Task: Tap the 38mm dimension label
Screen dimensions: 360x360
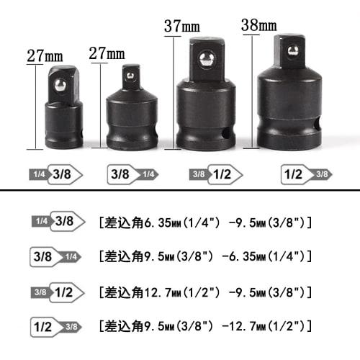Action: pyautogui.click(x=259, y=27)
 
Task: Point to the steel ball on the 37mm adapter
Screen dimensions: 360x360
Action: pyautogui.click(x=205, y=58)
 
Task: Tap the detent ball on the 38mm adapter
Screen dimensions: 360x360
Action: pyautogui.click(x=292, y=51)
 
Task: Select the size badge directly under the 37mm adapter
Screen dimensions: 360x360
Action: pyautogui.click(x=210, y=174)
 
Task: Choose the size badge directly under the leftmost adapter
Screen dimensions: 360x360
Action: pyautogui.click(x=57, y=174)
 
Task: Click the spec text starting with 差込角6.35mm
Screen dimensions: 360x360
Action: pyautogui.click(x=204, y=222)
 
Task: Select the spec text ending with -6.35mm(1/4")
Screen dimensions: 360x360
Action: pyautogui.click(x=204, y=256)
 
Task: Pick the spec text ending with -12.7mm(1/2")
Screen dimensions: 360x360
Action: pyautogui.click(x=204, y=327)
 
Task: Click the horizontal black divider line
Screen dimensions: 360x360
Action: pyautogui.click(x=180, y=192)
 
